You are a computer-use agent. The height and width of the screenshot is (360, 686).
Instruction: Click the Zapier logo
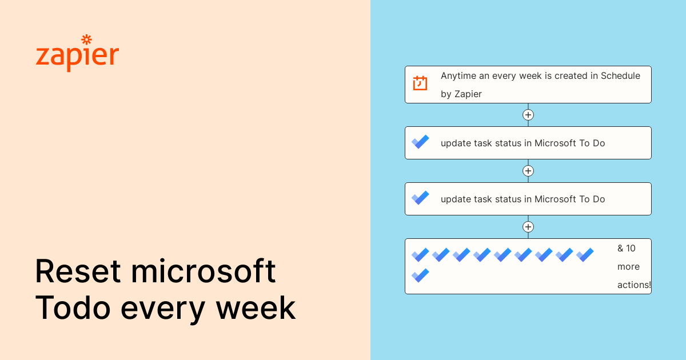[x=77, y=56]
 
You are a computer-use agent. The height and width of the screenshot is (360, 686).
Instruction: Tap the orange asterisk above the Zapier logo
[x=86, y=39]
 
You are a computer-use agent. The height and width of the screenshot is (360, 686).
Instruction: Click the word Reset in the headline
[x=78, y=272]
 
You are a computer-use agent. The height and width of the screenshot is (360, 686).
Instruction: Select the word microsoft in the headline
[x=204, y=272]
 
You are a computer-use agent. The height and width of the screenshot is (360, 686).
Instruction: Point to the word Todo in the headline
[x=73, y=307]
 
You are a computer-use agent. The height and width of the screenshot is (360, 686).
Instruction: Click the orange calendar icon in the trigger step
[x=420, y=83]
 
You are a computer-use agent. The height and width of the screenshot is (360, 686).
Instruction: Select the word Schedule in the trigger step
[x=620, y=75]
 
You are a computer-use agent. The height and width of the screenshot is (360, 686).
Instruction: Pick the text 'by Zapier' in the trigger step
[x=461, y=94]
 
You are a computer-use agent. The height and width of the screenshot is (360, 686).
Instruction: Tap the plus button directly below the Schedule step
[x=528, y=115]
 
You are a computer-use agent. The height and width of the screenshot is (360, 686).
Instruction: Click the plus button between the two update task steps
[x=528, y=171]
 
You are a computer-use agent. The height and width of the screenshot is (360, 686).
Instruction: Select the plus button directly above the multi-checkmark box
[x=528, y=227]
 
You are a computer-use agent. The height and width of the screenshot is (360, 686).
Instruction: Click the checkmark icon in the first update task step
[x=420, y=142]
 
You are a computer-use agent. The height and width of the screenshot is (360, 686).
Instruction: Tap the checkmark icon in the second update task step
[x=420, y=198]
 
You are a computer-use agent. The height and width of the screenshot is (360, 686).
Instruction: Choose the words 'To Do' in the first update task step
[x=592, y=143]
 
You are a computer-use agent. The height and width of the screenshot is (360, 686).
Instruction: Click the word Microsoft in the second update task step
[x=555, y=199]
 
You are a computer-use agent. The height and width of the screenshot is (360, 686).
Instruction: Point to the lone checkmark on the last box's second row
[x=420, y=275]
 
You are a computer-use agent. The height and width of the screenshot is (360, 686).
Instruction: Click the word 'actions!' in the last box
[x=634, y=285]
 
